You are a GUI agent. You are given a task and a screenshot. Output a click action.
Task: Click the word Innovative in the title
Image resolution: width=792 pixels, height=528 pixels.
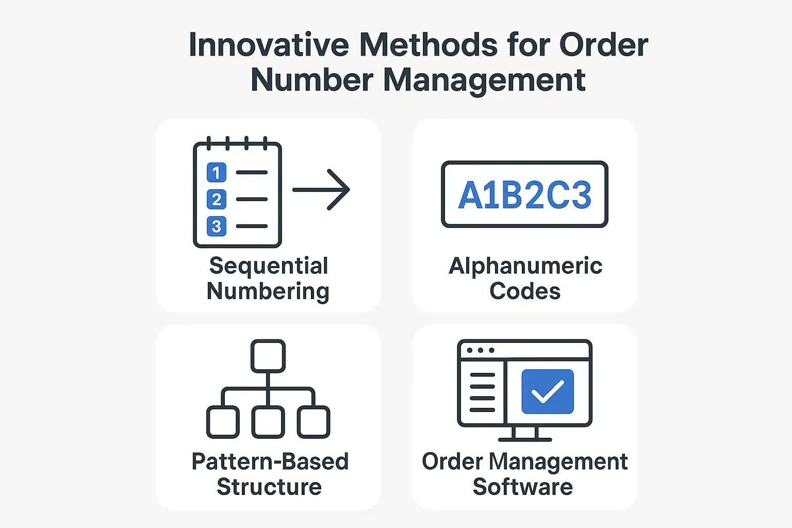(269, 45)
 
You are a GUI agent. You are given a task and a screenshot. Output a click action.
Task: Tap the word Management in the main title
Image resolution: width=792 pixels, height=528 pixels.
(484, 80)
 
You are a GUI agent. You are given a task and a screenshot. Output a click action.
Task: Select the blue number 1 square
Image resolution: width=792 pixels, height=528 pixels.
(217, 172)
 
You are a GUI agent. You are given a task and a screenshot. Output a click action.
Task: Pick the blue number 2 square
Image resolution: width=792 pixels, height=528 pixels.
(217, 199)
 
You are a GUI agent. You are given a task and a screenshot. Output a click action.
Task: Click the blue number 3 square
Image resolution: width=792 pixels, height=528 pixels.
(217, 226)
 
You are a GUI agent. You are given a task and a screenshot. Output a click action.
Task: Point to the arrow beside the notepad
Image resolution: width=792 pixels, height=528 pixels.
(322, 190)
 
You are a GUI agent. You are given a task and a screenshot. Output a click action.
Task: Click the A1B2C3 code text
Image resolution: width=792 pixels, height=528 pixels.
(524, 195)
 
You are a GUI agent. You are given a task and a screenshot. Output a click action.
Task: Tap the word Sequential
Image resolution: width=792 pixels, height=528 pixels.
(269, 266)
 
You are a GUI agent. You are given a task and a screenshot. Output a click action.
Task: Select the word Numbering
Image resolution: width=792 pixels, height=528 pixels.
(268, 291)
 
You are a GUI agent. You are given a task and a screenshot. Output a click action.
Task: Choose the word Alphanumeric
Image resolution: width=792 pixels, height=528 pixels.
(525, 266)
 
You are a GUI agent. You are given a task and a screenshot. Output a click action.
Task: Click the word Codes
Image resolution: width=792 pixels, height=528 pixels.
(525, 291)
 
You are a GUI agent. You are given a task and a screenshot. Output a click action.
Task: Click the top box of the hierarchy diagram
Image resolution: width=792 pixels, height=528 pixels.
(268, 356)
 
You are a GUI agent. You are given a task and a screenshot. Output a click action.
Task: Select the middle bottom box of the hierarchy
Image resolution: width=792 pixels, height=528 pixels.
(268, 422)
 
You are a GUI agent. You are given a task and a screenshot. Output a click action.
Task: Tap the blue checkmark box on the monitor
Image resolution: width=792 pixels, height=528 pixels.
(548, 391)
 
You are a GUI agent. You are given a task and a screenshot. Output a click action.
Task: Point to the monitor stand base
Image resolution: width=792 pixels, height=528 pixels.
(525, 439)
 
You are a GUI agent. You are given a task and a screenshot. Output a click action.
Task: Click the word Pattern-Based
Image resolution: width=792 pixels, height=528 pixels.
(270, 461)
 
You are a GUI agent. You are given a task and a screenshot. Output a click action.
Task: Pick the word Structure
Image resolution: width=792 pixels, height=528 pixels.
(269, 487)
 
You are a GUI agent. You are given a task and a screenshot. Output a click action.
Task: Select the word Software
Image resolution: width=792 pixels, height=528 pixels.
(523, 487)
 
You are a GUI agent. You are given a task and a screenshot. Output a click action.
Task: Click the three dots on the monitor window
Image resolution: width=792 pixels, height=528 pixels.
(480, 351)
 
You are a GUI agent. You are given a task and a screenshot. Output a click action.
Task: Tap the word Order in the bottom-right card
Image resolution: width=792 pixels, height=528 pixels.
(452, 461)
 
